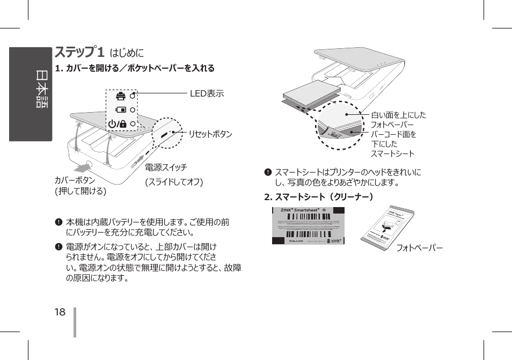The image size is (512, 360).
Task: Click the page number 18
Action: point(60,312)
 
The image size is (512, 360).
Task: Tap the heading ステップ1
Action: point(79,53)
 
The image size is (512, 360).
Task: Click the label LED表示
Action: point(207,94)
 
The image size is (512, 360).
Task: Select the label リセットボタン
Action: point(210,134)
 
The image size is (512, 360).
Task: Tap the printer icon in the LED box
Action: point(120,96)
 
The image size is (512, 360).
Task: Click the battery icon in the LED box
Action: point(121,110)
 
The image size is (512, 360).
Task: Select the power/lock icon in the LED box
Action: point(118,124)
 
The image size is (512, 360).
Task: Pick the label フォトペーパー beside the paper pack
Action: point(420,248)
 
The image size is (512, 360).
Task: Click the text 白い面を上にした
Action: point(398,115)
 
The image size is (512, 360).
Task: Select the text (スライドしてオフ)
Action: point(174,182)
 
